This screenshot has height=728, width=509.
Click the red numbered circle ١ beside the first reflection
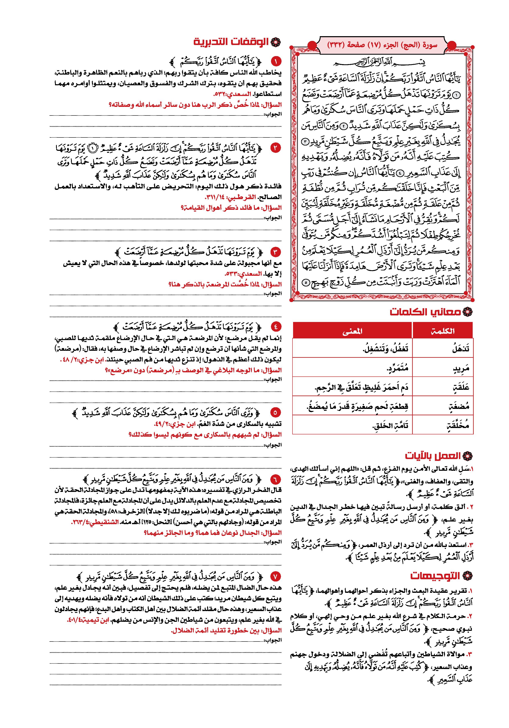pyautogui.click(x=276, y=61)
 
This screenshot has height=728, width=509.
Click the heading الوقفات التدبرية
pyautogui.click(x=232, y=42)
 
